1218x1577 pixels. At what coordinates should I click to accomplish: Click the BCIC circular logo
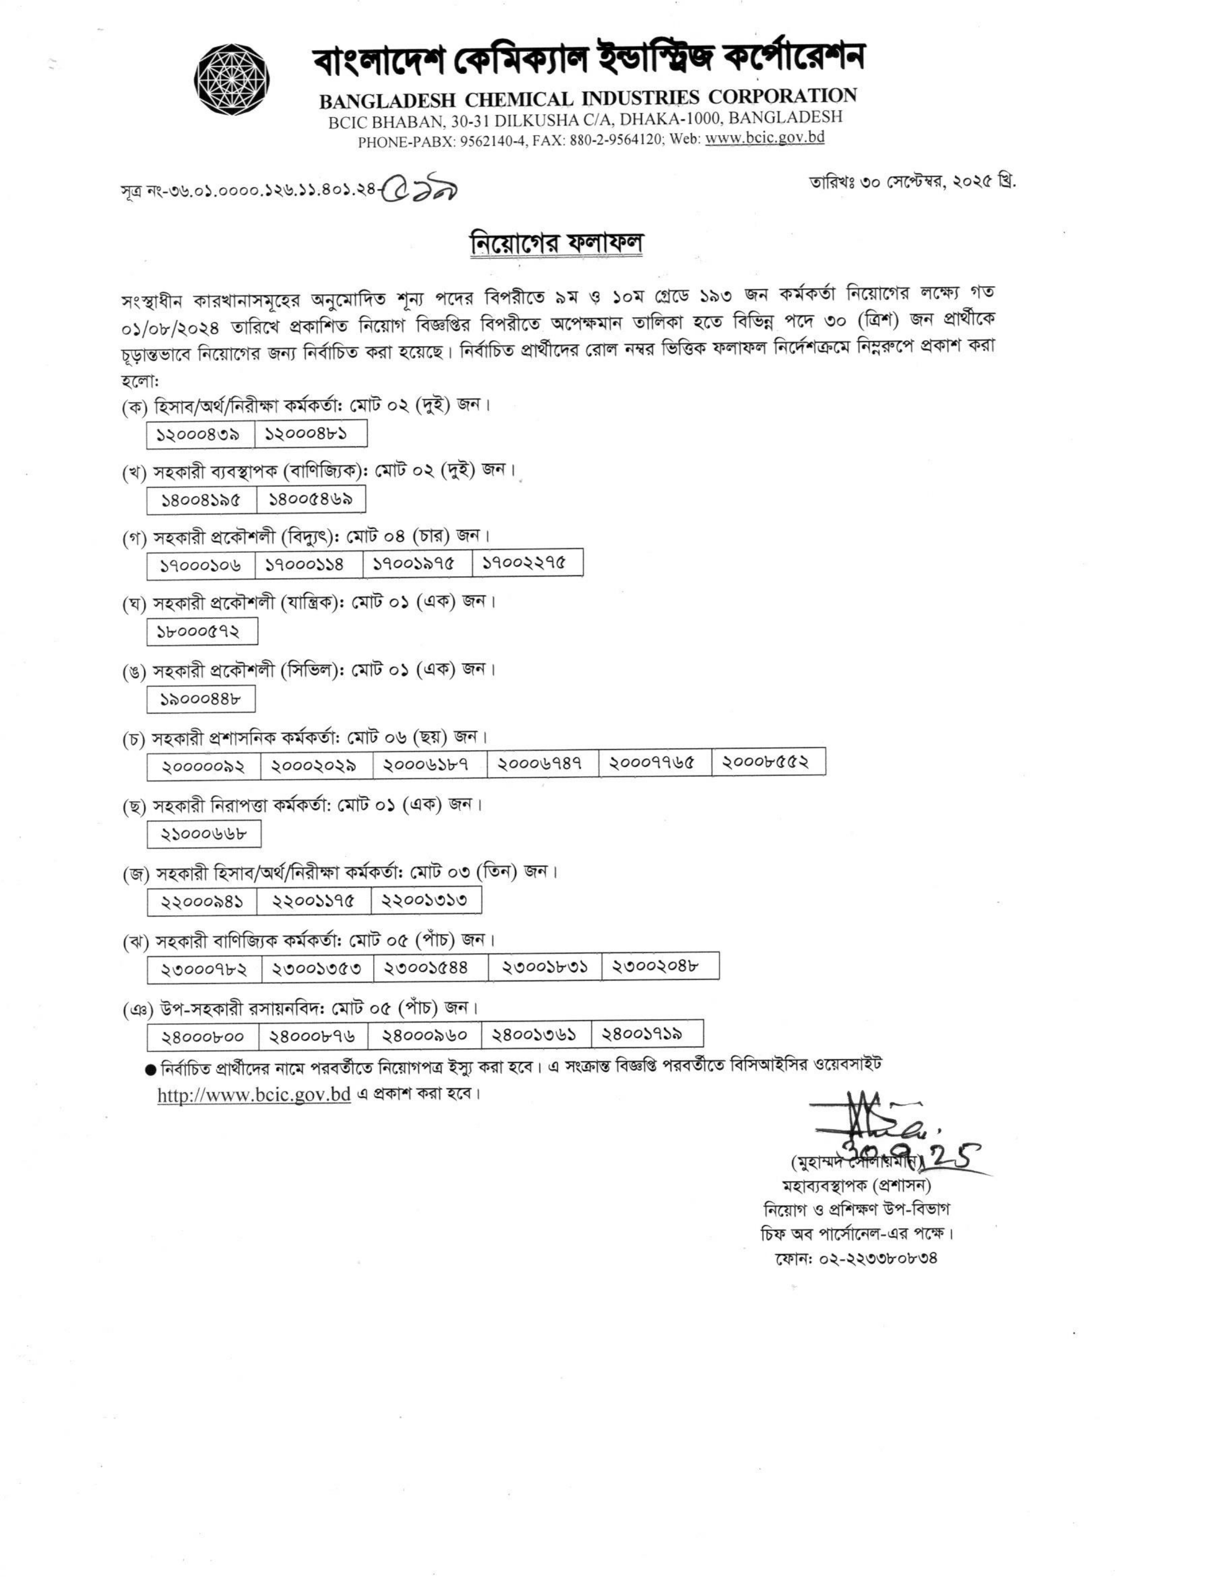(x=232, y=79)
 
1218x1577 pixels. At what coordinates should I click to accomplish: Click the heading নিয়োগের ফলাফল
(x=555, y=243)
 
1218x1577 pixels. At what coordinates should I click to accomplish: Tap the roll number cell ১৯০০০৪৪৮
(x=200, y=699)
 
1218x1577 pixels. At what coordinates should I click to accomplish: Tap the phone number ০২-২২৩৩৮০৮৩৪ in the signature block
(x=855, y=1258)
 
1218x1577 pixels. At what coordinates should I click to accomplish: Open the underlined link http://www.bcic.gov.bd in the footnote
(x=254, y=1094)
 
